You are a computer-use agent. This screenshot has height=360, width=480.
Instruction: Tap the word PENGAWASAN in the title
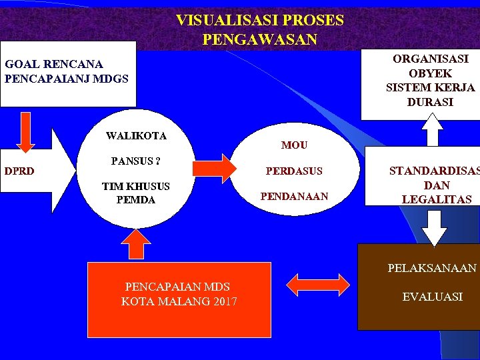pyautogui.click(x=260, y=40)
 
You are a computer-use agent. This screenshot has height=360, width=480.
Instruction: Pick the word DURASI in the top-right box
pyautogui.click(x=430, y=102)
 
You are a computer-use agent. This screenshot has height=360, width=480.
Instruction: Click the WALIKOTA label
pyautogui.click(x=136, y=136)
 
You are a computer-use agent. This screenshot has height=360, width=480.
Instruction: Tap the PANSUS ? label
pyautogui.click(x=136, y=161)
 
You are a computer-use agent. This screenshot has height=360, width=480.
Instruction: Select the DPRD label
pyautogui.click(x=20, y=171)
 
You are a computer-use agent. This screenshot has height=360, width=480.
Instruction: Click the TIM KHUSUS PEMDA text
pyautogui.click(x=135, y=193)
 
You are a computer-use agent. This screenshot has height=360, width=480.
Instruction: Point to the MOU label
pyautogui.click(x=294, y=145)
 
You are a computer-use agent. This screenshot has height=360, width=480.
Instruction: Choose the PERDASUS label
pyautogui.click(x=294, y=171)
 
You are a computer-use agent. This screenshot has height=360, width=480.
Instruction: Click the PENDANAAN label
pyautogui.click(x=294, y=196)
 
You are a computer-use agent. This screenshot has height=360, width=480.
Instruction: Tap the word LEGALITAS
pyautogui.click(x=437, y=199)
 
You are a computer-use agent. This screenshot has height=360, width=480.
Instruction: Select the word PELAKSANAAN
pyautogui.click(x=432, y=268)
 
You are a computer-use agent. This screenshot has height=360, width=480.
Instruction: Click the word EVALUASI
pyautogui.click(x=432, y=297)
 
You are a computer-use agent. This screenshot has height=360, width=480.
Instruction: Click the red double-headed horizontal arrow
pyautogui.click(x=317, y=285)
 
